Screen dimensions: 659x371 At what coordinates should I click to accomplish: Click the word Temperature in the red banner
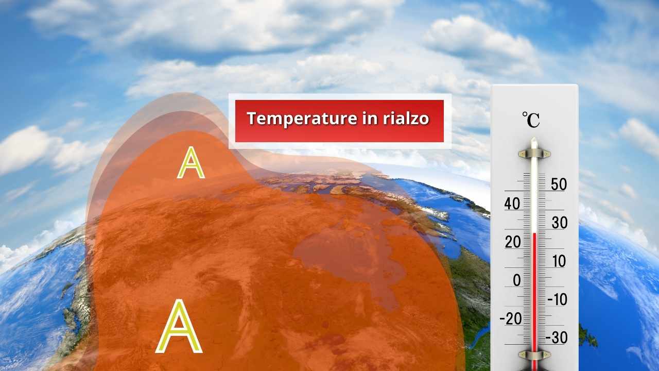(302, 119)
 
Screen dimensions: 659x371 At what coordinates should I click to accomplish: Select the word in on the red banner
(370, 119)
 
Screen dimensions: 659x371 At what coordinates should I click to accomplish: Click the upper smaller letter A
(190, 162)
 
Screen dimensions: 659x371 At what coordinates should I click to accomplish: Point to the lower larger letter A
(179, 326)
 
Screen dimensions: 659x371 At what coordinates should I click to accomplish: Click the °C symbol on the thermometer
(531, 120)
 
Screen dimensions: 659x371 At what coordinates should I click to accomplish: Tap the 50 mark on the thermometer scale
(559, 184)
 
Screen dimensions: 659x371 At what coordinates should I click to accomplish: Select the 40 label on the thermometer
(512, 204)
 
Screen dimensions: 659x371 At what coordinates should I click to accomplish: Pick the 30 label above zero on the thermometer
(560, 223)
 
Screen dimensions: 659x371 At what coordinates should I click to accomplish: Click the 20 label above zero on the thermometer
(513, 242)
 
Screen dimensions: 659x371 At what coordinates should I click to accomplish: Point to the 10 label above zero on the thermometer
(559, 261)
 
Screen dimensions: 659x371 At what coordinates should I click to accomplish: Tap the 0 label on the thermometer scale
(517, 280)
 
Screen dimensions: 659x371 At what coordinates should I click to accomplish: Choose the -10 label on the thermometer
(557, 299)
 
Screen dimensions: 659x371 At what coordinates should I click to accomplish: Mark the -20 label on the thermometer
(511, 318)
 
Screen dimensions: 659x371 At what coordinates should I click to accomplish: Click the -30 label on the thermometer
(557, 338)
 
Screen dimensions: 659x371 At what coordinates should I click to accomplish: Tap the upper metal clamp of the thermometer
(534, 154)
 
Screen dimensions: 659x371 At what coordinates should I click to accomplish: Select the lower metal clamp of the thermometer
(534, 355)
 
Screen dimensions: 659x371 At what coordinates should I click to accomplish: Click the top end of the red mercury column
(534, 233)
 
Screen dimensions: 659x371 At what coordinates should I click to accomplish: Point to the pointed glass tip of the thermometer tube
(534, 139)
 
